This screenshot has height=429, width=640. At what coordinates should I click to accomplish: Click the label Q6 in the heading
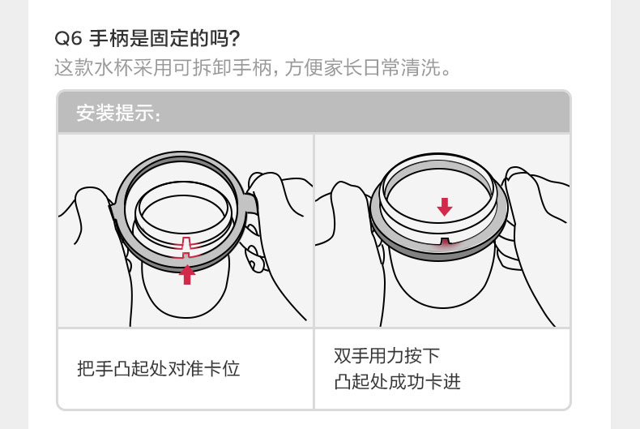pos(69,39)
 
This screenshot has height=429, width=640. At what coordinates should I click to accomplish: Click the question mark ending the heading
pos(234,39)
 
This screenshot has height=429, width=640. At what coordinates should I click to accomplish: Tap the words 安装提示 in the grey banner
pos(115,113)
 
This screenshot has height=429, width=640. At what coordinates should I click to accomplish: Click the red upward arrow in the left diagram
pos(187,274)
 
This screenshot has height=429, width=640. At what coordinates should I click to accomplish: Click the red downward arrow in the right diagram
pos(445,207)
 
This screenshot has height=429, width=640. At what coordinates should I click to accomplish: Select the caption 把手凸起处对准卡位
pos(158,368)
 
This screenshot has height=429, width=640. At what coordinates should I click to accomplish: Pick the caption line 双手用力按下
pos(386,355)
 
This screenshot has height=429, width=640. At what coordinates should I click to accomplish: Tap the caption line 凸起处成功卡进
pos(397,382)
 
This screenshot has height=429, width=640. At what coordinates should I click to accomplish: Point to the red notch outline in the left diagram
pos(186,247)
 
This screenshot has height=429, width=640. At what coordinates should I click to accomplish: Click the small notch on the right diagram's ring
pos(444,241)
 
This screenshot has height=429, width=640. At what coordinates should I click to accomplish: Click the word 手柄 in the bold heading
pos(109,39)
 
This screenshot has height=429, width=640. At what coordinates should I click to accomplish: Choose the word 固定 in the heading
pos(170,39)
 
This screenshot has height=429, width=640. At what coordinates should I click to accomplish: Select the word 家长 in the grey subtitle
pos(343,67)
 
